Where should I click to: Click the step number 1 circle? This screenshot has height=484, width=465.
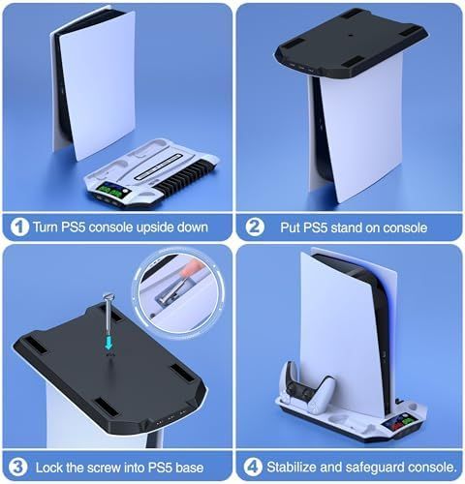tap(19, 227)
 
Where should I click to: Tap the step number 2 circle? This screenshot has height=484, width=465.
tap(255, 227)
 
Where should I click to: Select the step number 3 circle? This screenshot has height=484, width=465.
tap(18, 467)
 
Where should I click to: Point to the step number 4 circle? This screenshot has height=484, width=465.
tap(253, 467)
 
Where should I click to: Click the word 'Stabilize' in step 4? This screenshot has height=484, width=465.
tap(291, 467)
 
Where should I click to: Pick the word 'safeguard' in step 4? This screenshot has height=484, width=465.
tap(373, 468)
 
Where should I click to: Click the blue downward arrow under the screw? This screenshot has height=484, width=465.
tap(108, 342)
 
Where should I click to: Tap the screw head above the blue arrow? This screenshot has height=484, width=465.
tap(108, 296)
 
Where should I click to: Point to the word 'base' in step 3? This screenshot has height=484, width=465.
tap(189, 468)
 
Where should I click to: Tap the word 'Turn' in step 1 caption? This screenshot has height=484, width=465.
tap(46, 227)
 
